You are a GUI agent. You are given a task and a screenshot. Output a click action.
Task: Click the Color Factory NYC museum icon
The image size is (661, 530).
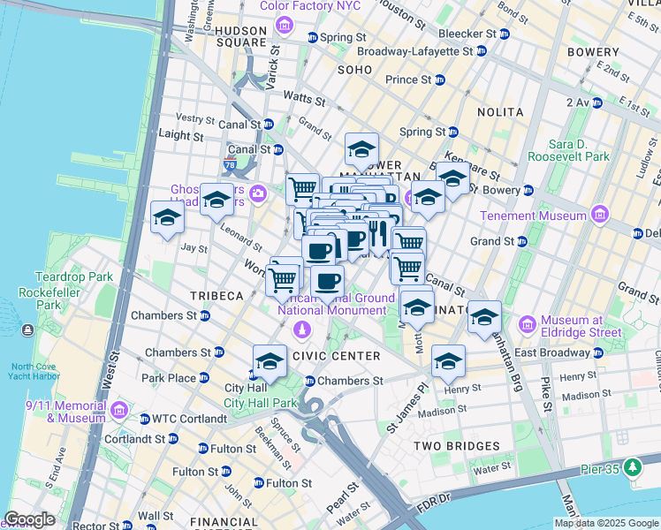pos(283,24)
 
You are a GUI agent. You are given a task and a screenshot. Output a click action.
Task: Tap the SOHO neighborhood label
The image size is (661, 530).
pos(354,69)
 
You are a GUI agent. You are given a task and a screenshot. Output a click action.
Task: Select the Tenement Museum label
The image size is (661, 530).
pos(533,216)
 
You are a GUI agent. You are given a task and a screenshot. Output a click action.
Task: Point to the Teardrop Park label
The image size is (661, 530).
pos(74,276)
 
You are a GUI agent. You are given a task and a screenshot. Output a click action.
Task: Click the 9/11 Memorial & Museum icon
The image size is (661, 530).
pos(120,416)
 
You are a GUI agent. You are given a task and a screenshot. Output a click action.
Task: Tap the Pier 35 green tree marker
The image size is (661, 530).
pos(632,466)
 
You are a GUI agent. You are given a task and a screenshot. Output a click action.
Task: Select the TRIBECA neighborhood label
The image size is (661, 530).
pos(211,296)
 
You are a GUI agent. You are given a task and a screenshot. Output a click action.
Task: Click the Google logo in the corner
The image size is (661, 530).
pos(29,519)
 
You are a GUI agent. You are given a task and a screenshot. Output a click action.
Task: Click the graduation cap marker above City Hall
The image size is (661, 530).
pos(270,361)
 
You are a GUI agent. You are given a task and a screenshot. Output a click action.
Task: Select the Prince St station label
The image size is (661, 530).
pos(408,79)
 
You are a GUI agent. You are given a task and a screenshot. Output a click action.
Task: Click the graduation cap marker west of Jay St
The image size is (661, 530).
pos(166,218)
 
